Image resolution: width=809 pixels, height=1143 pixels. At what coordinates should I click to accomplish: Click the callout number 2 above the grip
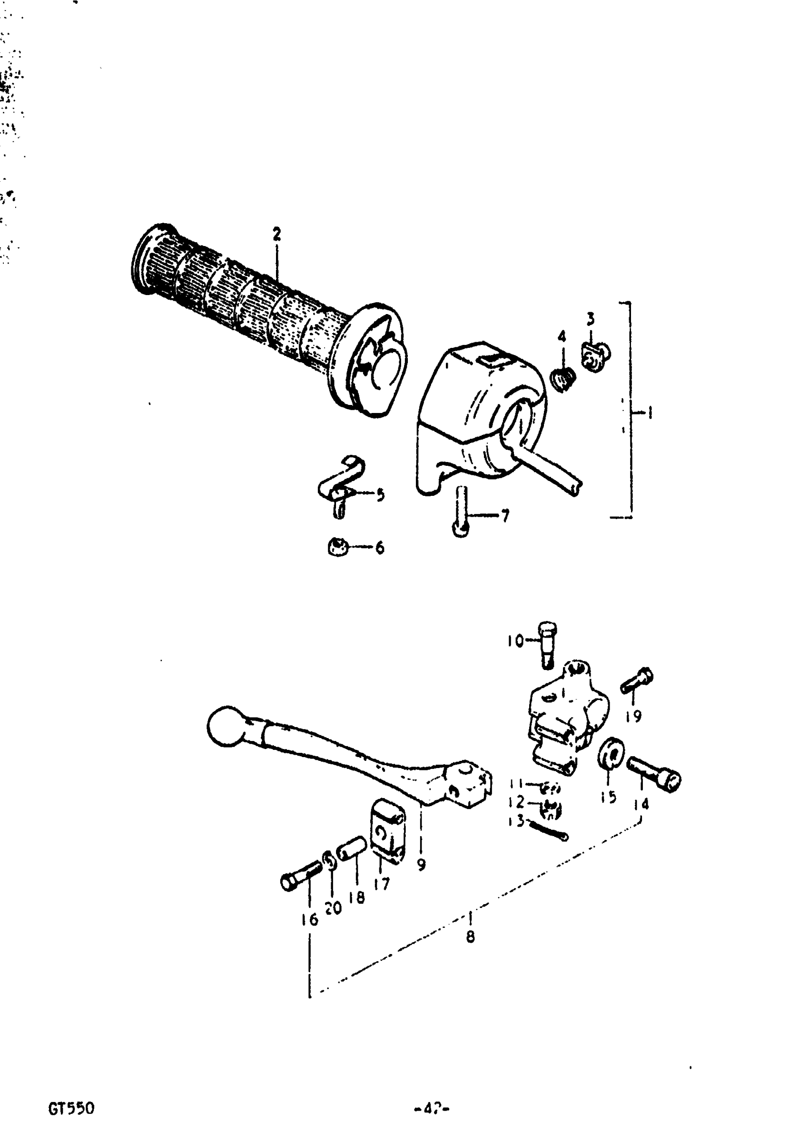277,234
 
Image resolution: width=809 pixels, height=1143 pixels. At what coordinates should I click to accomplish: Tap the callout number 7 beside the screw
505,516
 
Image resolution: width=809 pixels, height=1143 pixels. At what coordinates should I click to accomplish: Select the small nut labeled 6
337,547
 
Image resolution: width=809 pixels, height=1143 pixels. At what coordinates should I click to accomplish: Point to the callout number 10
515,640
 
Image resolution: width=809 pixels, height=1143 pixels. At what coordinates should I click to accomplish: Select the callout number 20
333,907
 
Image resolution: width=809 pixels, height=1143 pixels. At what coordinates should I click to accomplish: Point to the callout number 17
382,884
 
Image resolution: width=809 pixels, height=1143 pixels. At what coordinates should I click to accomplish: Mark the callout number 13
516,821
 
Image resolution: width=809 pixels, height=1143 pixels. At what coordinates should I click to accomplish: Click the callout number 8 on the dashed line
470,936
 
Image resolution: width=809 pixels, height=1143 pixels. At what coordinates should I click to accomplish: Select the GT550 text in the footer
71,1109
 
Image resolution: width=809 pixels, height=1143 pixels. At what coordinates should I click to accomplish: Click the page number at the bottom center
432,1109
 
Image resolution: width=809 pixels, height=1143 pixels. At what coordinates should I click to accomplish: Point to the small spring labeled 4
564,380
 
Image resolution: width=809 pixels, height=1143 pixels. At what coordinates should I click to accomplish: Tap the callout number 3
590,319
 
